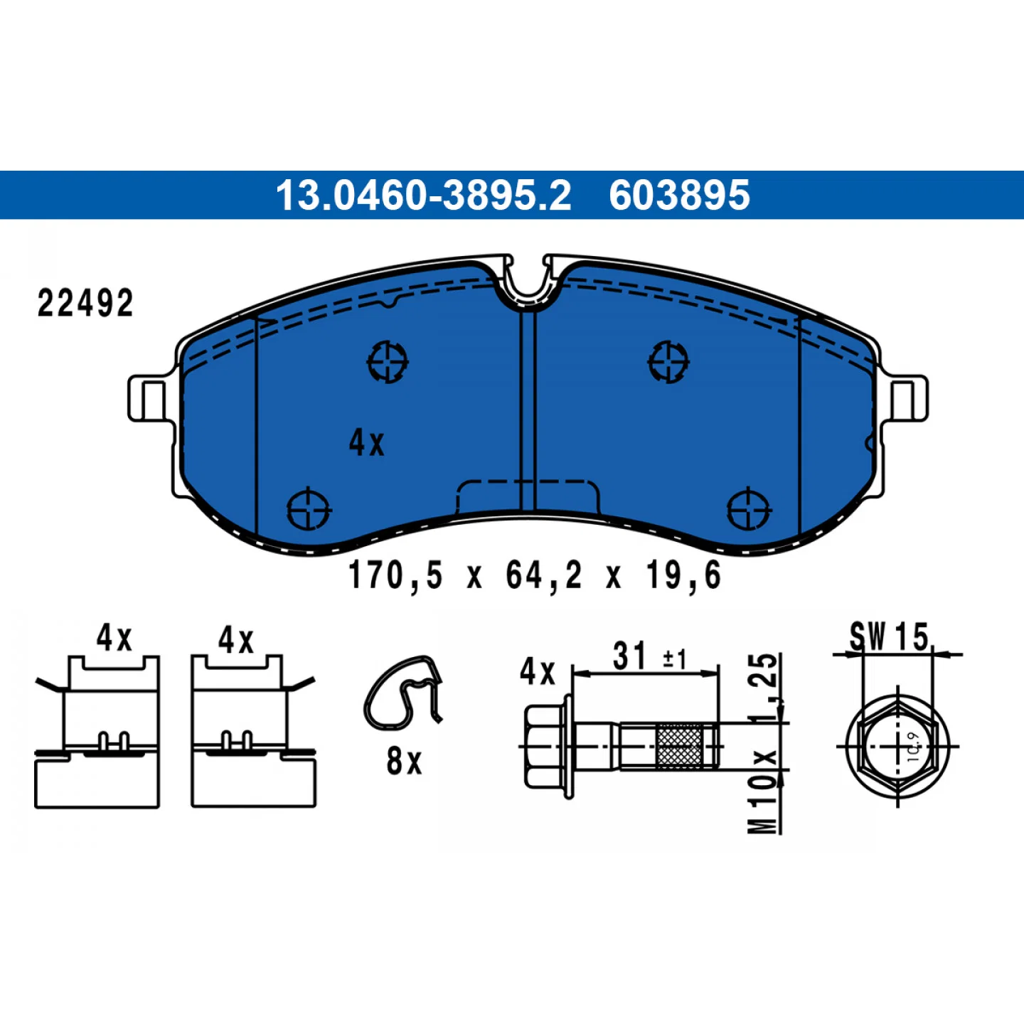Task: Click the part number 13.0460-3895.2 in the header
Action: pos(423,195)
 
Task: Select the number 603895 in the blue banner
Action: pos(679,195)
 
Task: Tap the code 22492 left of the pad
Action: pos(85,304)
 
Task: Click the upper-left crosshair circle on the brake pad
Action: pos(388,362)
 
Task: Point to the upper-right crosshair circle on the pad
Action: pos(668,362)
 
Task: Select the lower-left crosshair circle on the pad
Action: pos(309,508)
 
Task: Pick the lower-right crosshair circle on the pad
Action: pos(749,508)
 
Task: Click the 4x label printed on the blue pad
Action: pos(366,443)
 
